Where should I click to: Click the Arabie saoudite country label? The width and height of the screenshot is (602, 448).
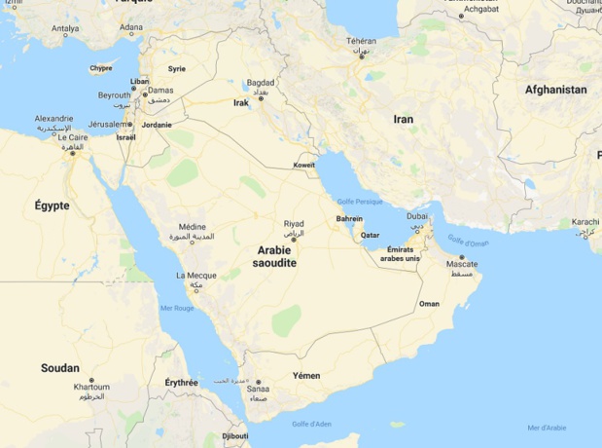point(274,256)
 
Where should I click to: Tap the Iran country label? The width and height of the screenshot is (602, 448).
point(403,119)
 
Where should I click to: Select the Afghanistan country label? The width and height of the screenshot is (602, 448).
point(555,90)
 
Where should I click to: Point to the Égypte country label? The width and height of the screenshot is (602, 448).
point(52,205)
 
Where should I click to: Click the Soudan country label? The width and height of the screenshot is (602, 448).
point(60,368)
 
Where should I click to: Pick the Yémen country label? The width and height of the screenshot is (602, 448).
point(306,375)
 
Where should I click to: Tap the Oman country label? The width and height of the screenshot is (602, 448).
point(429,304)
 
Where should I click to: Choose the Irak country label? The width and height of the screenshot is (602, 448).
point(241,102)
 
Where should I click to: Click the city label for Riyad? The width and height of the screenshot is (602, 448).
point(294,224)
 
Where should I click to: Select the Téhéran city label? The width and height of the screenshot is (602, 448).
point(361,41)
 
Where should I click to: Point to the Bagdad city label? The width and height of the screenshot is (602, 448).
point(261,83)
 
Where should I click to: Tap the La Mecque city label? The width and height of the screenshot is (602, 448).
point(196,276)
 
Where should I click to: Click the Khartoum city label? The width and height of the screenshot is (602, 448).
point(91,387)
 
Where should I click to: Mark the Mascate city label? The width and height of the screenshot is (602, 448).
point(462,264)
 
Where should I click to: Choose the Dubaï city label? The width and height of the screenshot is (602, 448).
point(417,216)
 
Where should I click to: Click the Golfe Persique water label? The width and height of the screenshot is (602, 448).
point(360,201)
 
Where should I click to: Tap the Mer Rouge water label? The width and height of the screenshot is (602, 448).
point(177,309)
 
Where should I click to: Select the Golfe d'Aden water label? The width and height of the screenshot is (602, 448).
point(311,424)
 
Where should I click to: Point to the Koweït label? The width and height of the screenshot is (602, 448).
point(303,165)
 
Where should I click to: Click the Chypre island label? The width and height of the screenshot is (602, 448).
point(101,68)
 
